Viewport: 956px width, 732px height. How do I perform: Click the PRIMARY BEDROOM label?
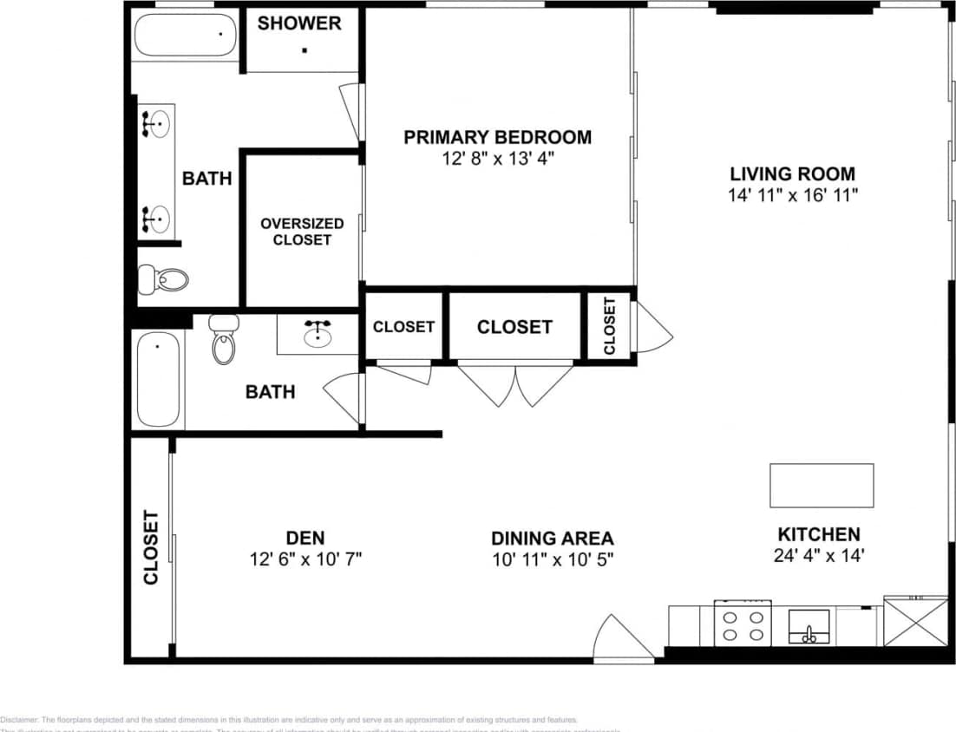[497, 137]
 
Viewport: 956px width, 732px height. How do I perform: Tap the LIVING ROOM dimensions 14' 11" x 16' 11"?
[792, 195]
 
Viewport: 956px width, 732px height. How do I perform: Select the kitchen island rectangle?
[822, 485]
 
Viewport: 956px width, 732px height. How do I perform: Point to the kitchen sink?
[809, 627]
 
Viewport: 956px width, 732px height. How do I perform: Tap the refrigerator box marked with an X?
[915, 621]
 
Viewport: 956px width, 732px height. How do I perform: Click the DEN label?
[304, 538]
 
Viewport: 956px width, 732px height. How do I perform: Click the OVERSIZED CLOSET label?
[302, 232]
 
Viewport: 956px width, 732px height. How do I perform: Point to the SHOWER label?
[299, 23]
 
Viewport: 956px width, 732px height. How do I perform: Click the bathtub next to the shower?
[186, 35]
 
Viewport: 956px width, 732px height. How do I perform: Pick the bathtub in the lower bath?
[158, 380]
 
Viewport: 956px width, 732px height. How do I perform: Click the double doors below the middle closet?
[515, 384]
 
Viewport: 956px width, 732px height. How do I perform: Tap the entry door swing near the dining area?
[622, 639]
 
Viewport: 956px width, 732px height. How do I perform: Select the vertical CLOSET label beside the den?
[151, 547]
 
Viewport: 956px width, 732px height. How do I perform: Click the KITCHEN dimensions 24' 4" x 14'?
[818, 556]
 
